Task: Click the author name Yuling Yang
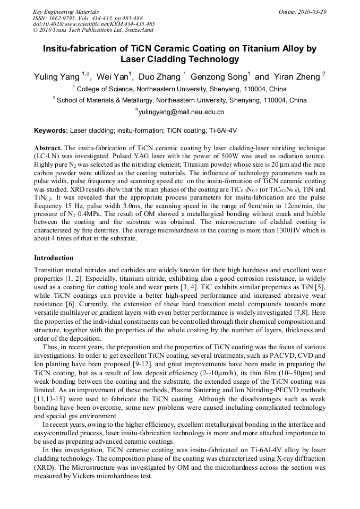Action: coord(55,77)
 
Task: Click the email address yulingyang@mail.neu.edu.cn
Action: coord(181,112)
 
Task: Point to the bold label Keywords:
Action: coord(51,130)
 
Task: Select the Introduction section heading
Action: coord(54,258)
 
